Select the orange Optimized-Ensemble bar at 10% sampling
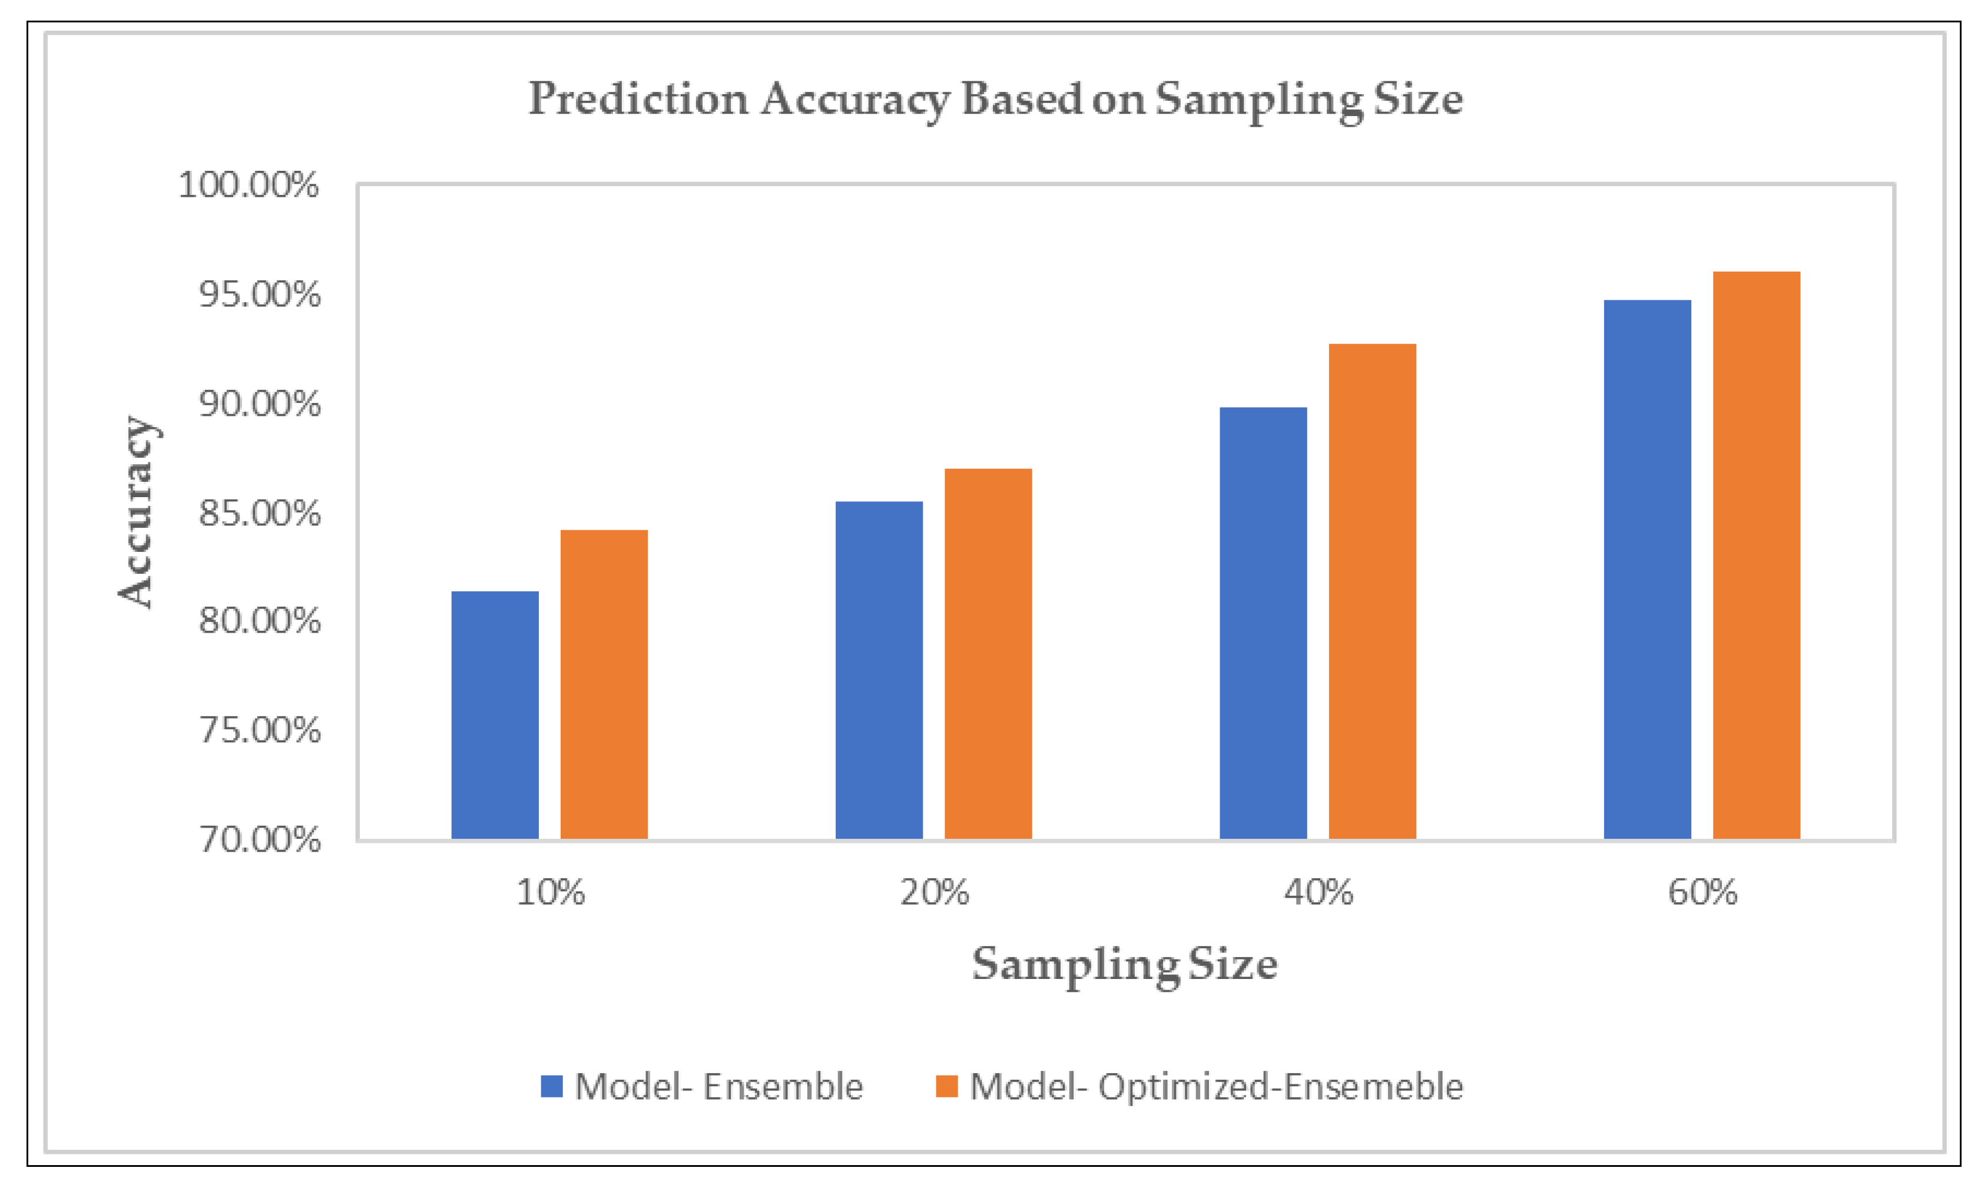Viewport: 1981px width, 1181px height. pos(604,684)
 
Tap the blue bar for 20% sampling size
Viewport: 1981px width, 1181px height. pos(879,669)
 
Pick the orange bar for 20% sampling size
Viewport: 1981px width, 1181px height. pos(988,653)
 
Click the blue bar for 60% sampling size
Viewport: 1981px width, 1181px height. pos(1647,568)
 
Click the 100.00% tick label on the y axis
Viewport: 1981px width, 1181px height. pos(249,186)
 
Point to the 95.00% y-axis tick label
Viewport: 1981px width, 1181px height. pos(259,295)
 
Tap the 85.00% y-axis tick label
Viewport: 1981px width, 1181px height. pos(259,513)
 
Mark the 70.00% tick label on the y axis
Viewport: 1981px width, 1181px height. pos(259,839)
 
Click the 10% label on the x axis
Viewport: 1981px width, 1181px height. pos(551,893)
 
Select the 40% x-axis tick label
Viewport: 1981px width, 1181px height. pos(1319,893)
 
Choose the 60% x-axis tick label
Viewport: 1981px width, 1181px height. pos(1702,893)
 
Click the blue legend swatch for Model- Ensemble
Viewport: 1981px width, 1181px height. pos(551,1086)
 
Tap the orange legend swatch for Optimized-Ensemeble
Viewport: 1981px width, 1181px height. pos(947,1086)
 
